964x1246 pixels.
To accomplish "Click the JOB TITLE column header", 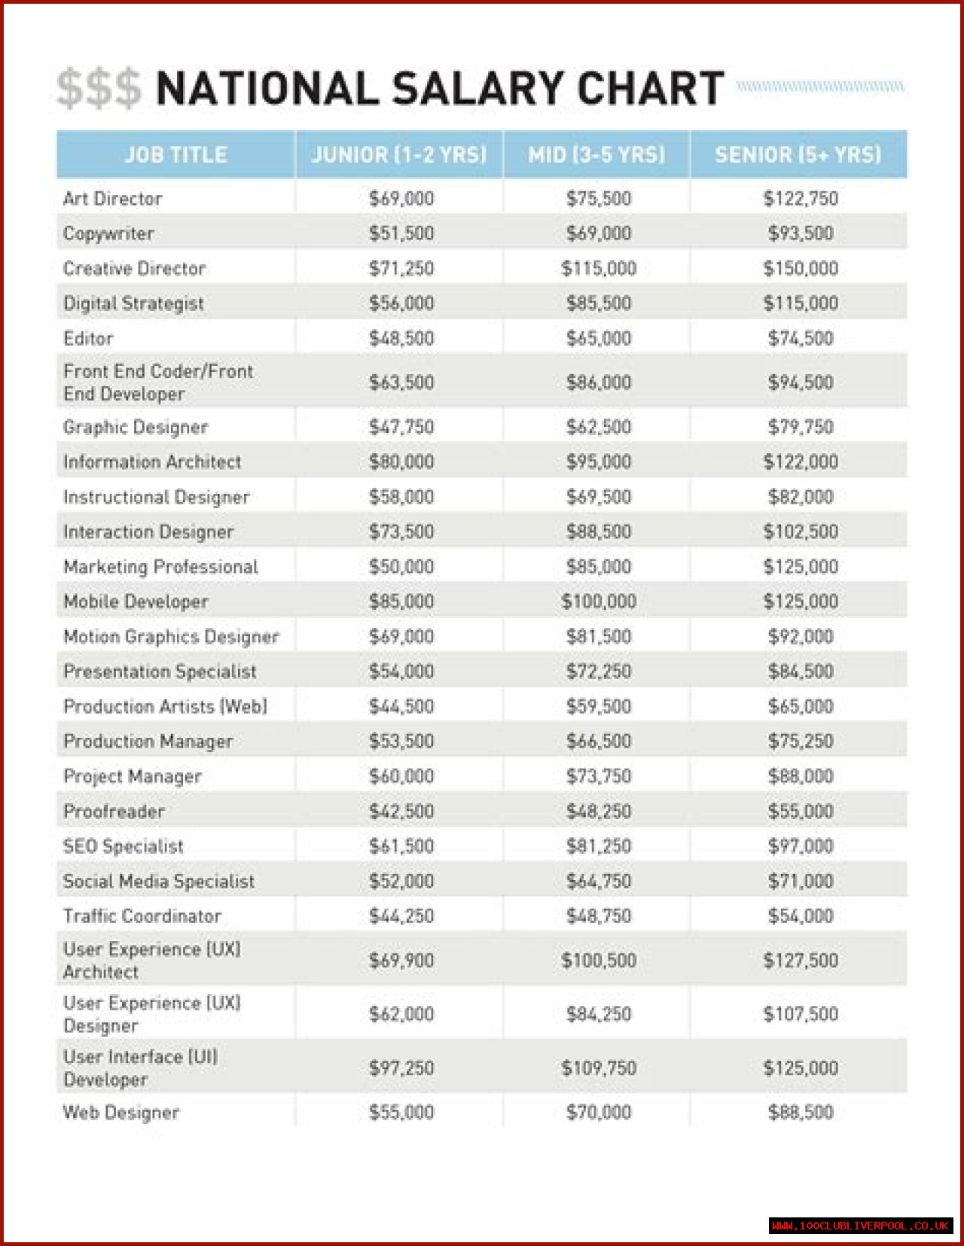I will click(175, 155).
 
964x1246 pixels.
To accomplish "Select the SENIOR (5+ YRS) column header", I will click(798, 155).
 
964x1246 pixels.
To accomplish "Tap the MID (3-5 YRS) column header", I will click(596, 155).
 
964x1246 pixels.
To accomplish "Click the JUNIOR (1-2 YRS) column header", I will click(399, 155).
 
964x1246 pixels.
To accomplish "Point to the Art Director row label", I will click(113, 199).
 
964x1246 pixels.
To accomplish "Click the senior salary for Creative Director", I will click(801, 269).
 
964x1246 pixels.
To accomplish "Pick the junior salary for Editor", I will click(401, 339).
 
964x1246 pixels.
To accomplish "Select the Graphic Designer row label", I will click(136, 428).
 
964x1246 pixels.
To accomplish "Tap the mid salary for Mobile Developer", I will click(599, 602).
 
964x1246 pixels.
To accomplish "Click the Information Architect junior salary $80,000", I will click(401, 462).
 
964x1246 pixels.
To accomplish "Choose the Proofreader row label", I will click(114, 812).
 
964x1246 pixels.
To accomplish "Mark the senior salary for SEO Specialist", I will click(801, 846).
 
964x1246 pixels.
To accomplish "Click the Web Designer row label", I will click(121, 1113).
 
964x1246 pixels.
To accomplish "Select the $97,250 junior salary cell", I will click(401, 1068).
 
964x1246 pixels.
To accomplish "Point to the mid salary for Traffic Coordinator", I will click(599, 916).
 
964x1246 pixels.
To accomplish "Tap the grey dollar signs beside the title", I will click(99, 89).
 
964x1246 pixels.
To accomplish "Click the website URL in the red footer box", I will click(861, 1226).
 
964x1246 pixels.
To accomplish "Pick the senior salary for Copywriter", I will click(801, 233).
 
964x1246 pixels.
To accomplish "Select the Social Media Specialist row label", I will click(159, 882).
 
